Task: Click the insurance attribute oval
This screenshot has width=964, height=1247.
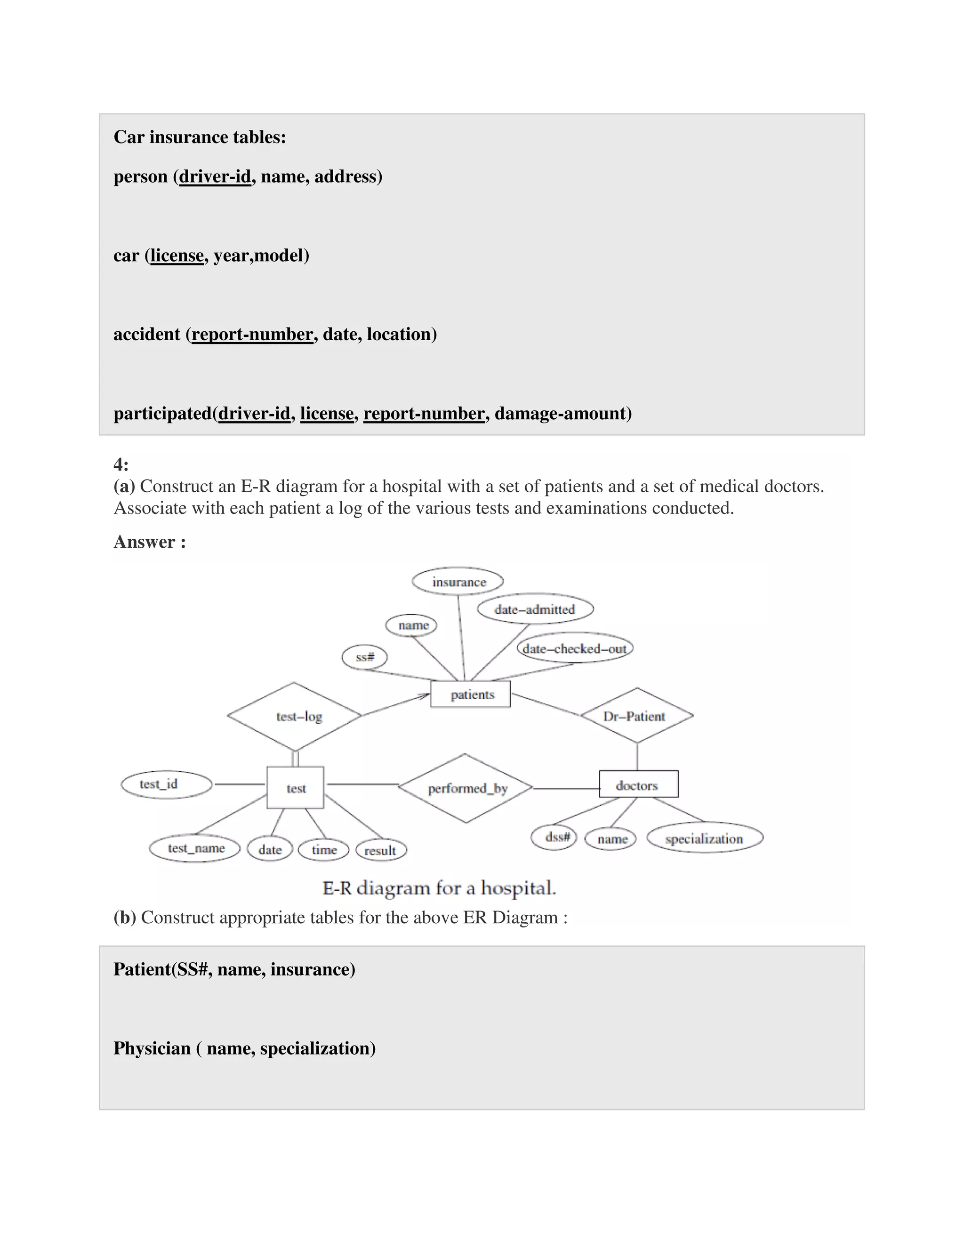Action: tap(458, 582)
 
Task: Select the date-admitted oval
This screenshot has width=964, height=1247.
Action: tap(535, 609)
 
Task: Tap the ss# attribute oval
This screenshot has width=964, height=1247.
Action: tap(364, 657)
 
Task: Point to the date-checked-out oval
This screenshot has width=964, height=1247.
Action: tap(575, 648)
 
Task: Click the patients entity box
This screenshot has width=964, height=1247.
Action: tap(471, 694)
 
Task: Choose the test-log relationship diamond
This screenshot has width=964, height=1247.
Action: tap(295, 717)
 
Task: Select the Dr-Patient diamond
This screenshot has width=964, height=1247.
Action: tap(636, 716)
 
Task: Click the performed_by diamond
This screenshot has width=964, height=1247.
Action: tap(466, 789)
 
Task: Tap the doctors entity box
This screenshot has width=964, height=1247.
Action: tap(638, 785)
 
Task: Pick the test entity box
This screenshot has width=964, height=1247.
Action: tap(295, 788)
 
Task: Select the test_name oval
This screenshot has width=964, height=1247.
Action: tap(195, 848)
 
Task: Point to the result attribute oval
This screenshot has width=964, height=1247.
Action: tap(381, 850)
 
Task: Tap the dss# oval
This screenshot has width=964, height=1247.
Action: tap(554, 838)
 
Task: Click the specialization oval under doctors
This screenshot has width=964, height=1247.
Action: tap(705, 838)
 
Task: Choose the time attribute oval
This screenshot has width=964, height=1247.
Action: tap(324, 850)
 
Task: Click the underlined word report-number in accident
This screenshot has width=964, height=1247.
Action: tap(252, 334)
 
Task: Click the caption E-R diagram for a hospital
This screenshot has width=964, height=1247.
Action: tap(439, 888)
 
